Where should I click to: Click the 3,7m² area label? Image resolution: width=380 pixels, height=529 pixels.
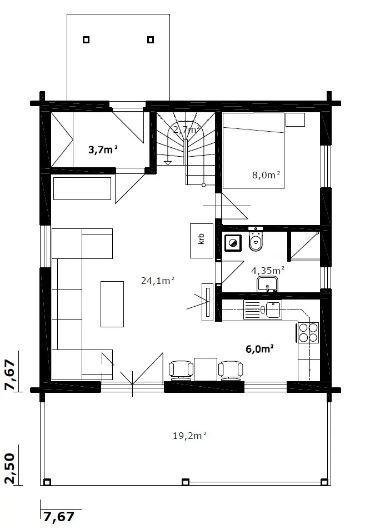tap(103, 149)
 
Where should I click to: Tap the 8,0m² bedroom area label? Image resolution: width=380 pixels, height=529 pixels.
tap(266, 174)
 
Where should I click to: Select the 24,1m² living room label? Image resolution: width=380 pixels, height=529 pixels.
tap(157, 281)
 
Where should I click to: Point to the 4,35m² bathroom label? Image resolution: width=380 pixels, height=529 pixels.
tap(268, 270)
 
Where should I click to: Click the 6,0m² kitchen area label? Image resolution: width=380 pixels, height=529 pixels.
tap(259, 348)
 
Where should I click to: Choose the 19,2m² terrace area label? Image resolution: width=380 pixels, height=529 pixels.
tap(189, 436)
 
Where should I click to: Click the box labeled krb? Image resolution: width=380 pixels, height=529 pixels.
tap(202, 241)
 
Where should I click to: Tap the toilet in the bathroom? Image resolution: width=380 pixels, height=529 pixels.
tap(256, 239)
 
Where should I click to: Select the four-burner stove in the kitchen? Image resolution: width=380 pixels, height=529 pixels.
tap(308, 333)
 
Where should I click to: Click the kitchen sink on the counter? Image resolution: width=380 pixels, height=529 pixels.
tap(263, 310)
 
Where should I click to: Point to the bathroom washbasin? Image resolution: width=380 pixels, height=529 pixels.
tap(267, 284)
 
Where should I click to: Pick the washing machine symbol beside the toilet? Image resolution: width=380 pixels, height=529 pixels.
tap(233, 243)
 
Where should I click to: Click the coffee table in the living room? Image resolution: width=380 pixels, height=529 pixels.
tap(112, 304)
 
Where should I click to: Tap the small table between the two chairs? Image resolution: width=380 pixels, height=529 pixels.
tap(206, 369)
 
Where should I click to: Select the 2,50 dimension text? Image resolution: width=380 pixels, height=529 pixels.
tap(11, 468)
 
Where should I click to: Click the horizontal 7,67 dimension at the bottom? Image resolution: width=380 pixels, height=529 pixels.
tap(59, 517)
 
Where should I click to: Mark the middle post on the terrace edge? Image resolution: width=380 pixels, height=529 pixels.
tap(185, 482)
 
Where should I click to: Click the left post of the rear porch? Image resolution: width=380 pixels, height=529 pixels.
tap(86, 40)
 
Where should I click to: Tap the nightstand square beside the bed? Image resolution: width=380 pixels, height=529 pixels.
tap(296, 119)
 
